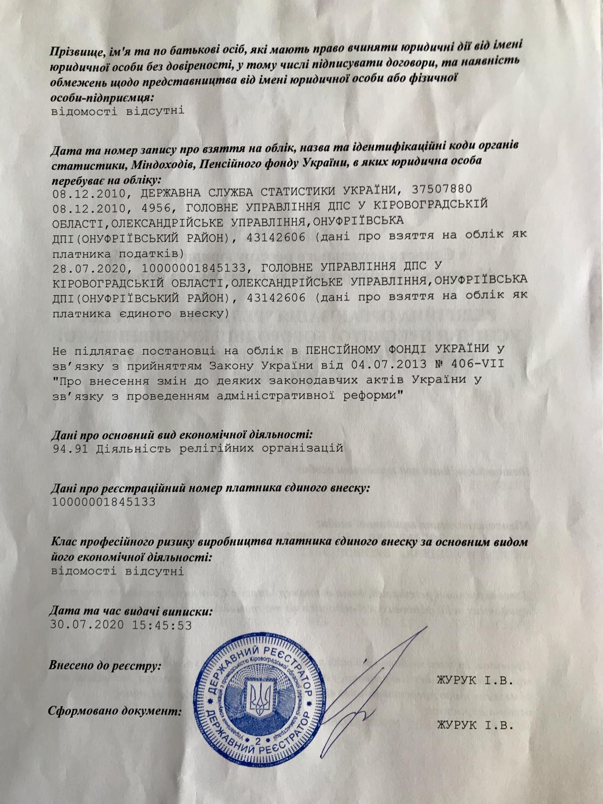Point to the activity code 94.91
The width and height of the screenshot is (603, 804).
[69, 449]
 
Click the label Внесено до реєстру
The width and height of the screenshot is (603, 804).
[105, 666]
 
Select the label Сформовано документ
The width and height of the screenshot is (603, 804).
[115, 712]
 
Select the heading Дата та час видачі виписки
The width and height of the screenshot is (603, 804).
[131, 612]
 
